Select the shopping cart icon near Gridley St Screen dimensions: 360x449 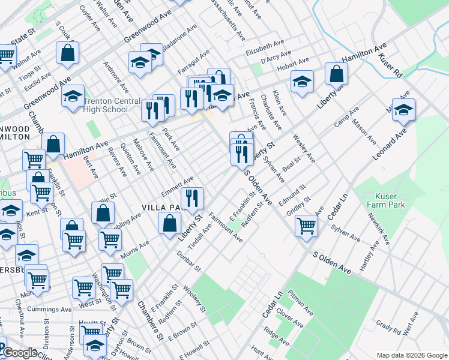306,226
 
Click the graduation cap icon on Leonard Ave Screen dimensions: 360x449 404,109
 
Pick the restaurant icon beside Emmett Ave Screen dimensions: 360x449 192,198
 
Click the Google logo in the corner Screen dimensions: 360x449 20,353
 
